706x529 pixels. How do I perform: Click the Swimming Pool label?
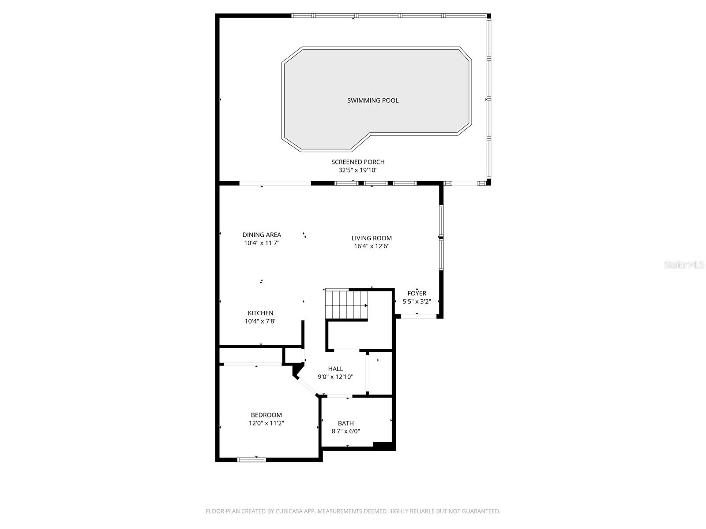click(x=373, y=101)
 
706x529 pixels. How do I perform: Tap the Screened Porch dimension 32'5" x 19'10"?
click(x=358, y=170)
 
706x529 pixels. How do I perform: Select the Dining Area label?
click(x=262, y=235)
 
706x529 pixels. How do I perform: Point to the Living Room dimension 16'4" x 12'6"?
click(x=372, y=246)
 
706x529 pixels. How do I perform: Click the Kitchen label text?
click(x=260, y=313)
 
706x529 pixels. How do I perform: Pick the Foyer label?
click(x=417, y=294)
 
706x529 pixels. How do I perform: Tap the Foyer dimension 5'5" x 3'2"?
click(x=417, y=302)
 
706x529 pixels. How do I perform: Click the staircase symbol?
click(x=346, y=304)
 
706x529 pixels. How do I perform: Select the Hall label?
click(x=335, y=369)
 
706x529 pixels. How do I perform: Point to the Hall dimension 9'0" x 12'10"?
click(x=335, y=377)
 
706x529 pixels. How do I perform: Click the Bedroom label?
click(x=266, y=415)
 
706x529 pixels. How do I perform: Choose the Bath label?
click(x=346, y=424)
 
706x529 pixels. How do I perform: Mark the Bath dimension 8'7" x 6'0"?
click(x=346, y=432)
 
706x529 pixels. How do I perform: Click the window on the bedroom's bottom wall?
click(x=252, y=460)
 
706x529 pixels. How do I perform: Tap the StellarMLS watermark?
click(x=684, y=265)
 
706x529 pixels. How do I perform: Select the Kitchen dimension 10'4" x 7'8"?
click(x=260, y=322)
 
